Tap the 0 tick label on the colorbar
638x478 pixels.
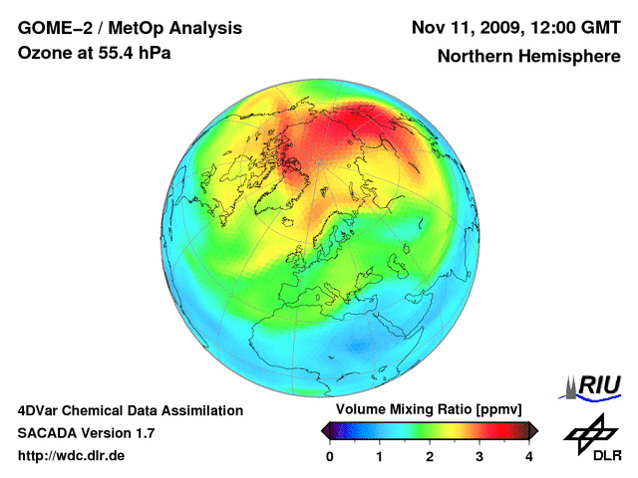tap(330, 456)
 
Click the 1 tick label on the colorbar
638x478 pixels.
tap(380, 456)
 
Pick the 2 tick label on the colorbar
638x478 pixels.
tap(430, 456)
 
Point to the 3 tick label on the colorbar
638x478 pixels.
tap(479, 456)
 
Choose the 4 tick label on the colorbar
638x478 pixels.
tap(529, 456)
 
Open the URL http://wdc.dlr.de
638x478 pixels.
tap(72, 456)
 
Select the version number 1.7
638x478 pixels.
tap(143, 433)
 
